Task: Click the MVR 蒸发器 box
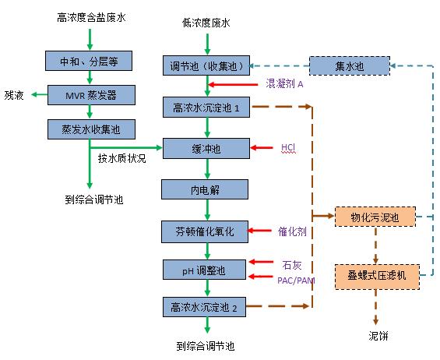91,95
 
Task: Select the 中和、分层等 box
89,61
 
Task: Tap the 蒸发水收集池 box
91,129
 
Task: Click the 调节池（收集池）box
206,65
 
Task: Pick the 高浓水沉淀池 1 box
206,107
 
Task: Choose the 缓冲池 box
206,148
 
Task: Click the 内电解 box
205,189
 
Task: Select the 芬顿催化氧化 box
205,231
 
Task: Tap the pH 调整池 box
204,270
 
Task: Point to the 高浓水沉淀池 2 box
204,307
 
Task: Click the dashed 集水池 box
350,65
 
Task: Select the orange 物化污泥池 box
375,217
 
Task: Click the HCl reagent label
288,147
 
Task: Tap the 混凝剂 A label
284,83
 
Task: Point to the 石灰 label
292,264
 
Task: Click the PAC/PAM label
296,281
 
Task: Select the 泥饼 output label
378,336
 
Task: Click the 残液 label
14,95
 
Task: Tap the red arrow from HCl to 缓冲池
261,148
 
